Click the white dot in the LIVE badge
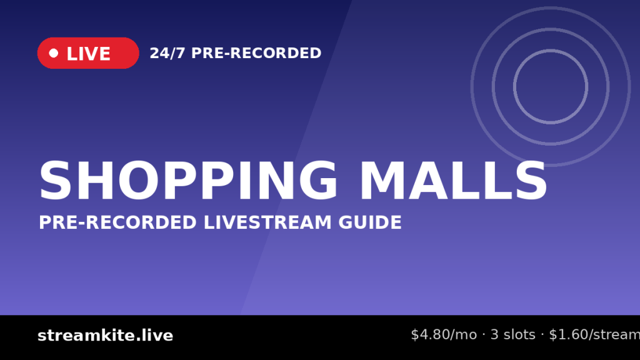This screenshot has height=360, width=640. [54, 53]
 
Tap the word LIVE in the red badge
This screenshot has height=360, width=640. [88, 54]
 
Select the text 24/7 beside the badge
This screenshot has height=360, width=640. [167, 53]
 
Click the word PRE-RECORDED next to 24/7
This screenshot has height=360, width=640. [256, 53]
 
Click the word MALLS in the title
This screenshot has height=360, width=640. [454, 181]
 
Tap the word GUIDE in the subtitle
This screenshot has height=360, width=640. [370, 222]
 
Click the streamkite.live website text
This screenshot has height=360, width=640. [105, 336]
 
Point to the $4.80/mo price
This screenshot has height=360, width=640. [444, 335]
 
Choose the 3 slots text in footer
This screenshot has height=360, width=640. [512, 335]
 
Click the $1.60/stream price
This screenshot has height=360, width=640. [594, 335]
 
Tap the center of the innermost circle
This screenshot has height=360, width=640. [551, 86]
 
